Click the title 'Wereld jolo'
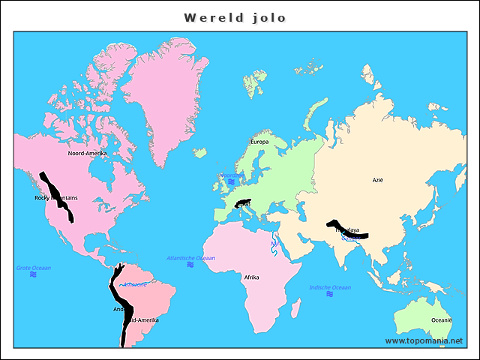235,17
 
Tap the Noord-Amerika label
87,153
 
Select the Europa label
259,141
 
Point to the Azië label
377,180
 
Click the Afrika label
251,277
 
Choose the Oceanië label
441,320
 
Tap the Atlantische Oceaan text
190,257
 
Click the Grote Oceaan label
34,268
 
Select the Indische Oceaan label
330,287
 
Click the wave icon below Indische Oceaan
330,294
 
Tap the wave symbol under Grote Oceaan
34,274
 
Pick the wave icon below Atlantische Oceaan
190,265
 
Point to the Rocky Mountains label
55,198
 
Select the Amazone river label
135,284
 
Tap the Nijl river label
274,244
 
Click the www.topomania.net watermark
429,340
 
